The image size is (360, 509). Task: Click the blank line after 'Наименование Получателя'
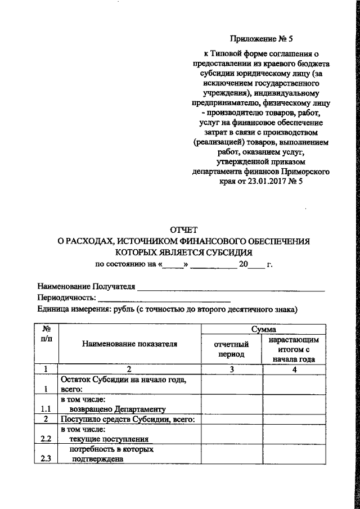coord(232,288)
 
